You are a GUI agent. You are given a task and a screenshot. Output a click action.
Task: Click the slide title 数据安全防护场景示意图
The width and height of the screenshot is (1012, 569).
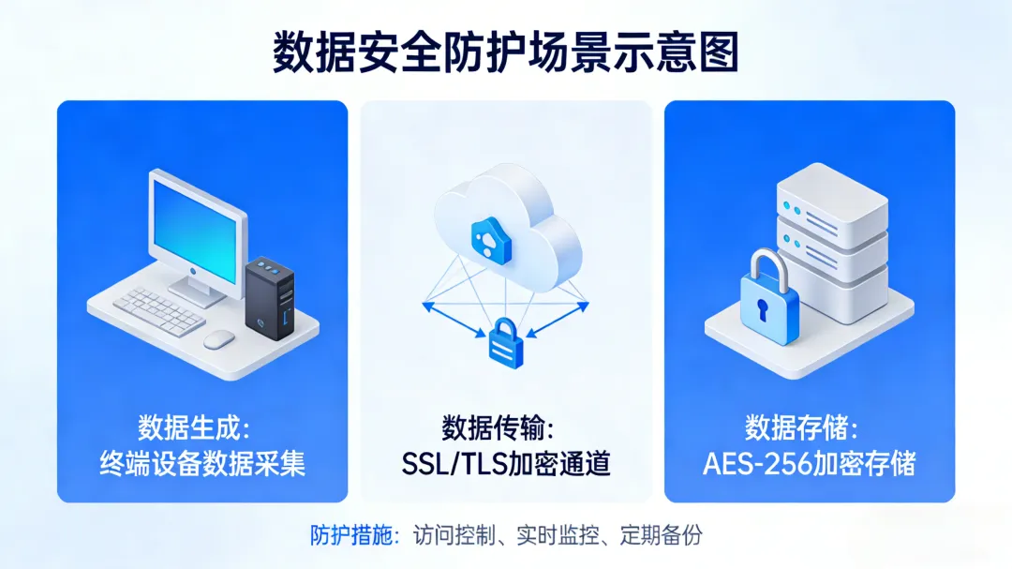(506, 52)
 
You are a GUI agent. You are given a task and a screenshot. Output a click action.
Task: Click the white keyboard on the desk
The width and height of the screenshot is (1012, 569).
(159, 309)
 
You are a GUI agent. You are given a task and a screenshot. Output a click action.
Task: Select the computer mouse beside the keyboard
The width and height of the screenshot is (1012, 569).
(219, 338)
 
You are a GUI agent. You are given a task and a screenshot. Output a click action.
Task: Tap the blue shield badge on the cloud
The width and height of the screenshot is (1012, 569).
(488, 240)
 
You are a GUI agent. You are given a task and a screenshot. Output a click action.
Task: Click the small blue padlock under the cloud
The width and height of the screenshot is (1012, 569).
(505, 340)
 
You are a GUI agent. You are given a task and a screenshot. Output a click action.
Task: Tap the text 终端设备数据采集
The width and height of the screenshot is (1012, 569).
(202, 463)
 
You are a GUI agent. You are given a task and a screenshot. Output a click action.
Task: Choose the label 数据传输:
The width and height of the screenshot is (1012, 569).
(498, 428)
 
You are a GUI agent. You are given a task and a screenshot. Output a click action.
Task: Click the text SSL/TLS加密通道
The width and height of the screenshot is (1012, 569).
(506, 463)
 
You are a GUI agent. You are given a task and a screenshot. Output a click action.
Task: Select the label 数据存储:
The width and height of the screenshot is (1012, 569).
(801, 428)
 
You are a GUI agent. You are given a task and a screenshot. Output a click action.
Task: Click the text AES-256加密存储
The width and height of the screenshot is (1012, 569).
(810, 463)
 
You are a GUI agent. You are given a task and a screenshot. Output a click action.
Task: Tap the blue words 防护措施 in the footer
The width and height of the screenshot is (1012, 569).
(348, 535)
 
